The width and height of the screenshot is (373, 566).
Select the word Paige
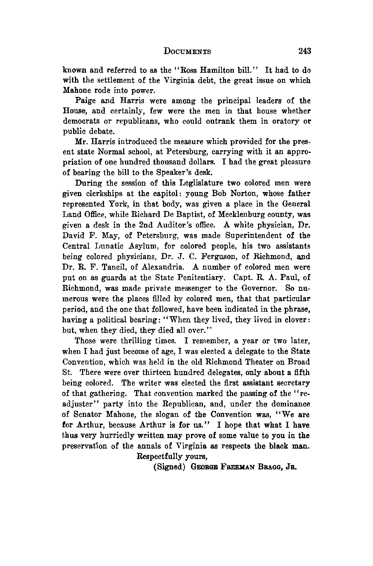pos(85,101)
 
